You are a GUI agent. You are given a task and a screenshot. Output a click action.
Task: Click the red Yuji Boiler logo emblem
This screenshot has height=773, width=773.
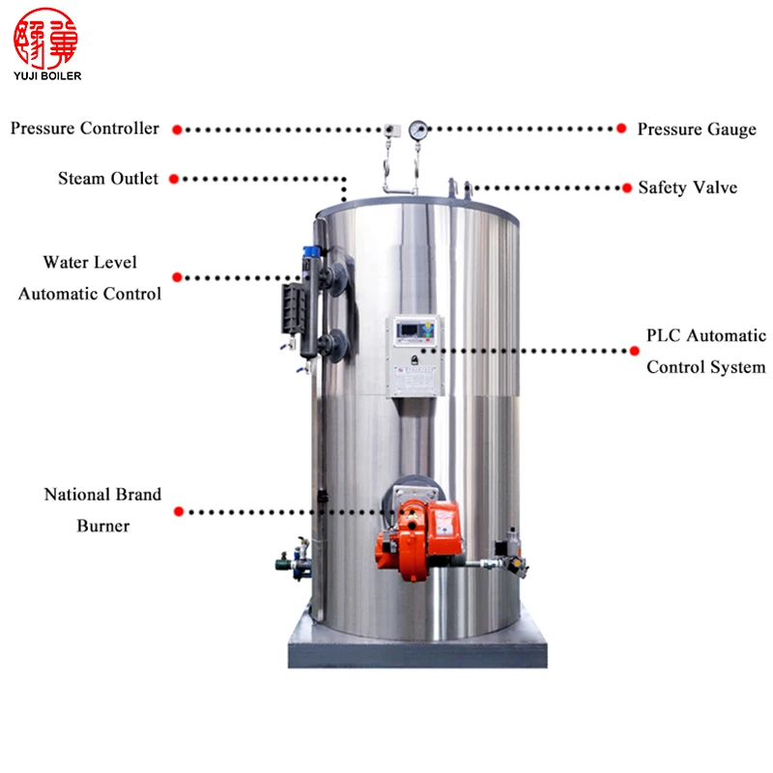(x=49, y=38)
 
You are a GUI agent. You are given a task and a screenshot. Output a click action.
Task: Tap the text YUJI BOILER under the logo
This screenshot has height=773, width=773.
(x=48, y=75)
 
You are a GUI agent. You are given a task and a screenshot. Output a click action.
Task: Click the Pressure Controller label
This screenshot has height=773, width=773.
(x=85, y=129)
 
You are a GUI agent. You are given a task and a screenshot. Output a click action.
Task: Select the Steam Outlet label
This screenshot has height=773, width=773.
(x=108, y=179)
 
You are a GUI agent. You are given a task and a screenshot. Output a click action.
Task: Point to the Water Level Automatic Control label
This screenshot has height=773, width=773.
(x=90, y=277)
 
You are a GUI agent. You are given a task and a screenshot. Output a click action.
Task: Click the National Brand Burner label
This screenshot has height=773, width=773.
(x=102, y=510)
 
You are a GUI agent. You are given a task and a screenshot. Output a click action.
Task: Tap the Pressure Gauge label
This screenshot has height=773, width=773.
(x=697, y=129)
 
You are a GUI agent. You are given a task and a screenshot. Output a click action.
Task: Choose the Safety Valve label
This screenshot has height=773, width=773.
(x=687, y=187)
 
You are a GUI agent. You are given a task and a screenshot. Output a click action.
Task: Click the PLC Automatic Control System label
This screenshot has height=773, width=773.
(x=705, y=351)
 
